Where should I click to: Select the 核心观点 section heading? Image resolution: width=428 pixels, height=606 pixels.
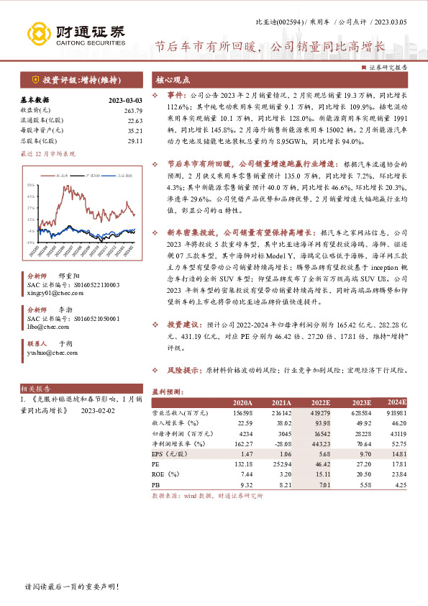[x=173, y=80]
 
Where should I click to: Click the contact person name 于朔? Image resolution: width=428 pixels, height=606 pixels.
[x=65, y=344]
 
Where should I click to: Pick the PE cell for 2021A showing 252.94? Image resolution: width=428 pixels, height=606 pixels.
[x=281, y=466]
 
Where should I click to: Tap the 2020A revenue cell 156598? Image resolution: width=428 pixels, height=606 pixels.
[x=242, y=413]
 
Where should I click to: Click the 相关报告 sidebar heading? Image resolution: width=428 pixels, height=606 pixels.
[x=33, y=388]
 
